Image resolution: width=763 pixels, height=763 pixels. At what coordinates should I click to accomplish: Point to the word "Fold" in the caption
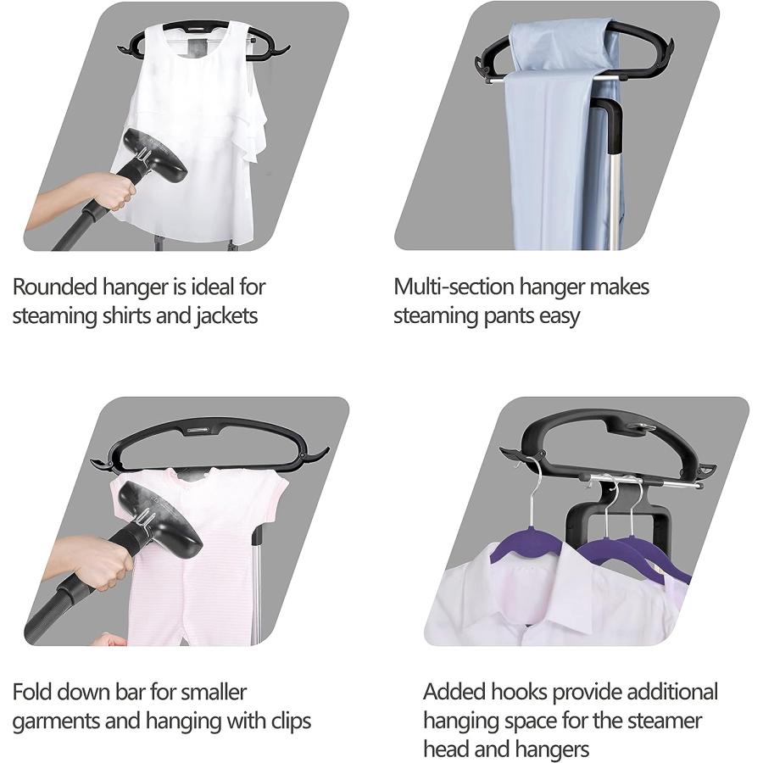[31, 692]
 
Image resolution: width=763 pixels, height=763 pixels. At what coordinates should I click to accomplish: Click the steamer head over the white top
[157, 157]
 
